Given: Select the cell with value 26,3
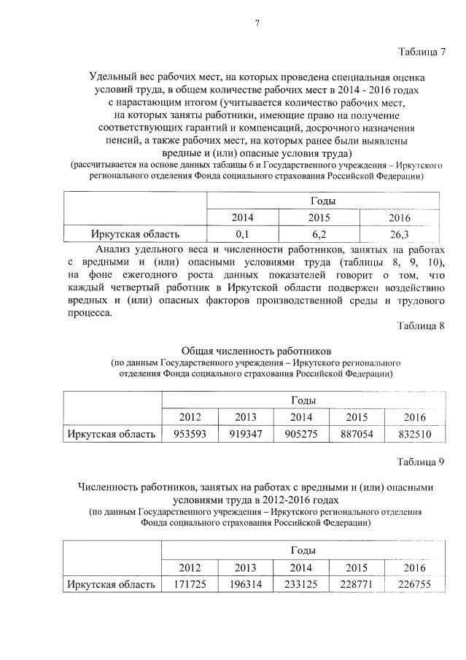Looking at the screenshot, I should coord(400,234).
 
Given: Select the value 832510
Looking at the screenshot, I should coord(415,434).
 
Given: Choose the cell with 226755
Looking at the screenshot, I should coord(415,584).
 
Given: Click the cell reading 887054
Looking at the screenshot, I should coord(358,434).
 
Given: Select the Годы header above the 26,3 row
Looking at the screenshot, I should coord(323,201).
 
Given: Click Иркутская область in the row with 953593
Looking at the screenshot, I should coord(111,434).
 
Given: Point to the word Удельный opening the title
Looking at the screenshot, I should coord(112,76).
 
